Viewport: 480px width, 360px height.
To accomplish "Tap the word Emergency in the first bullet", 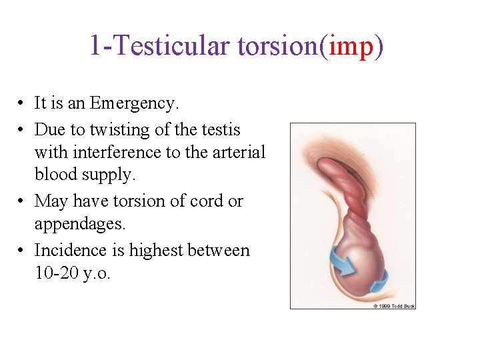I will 134,103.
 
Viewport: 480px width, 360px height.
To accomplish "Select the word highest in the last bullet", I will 156,251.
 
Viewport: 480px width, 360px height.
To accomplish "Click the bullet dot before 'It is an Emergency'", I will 22,104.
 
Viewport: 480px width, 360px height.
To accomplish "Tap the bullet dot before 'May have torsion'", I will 22,201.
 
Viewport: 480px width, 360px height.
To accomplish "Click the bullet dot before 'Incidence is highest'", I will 22,251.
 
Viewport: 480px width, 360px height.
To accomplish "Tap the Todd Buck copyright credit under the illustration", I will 394,306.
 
